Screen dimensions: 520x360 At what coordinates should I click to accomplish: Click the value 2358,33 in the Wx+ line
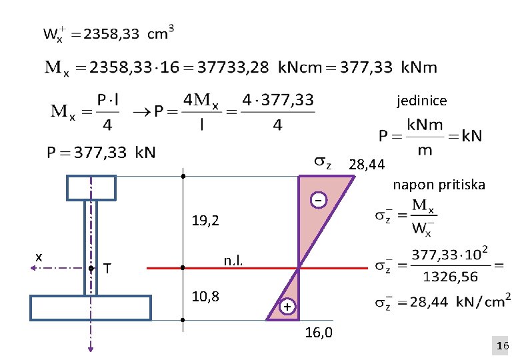coord(111,34)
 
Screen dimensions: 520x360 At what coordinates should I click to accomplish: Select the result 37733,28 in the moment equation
coord(233,67)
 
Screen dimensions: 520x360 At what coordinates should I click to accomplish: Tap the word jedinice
coord(422,101)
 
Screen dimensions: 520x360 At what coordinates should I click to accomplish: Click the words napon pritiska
coord(439,185)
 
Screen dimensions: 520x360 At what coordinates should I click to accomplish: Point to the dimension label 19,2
coord(205,221)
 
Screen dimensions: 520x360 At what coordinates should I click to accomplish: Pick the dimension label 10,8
coord(205,296)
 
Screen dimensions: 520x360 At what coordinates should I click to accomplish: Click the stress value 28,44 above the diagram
coord(367,165)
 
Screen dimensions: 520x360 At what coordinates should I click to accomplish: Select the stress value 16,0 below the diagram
coord(319,332)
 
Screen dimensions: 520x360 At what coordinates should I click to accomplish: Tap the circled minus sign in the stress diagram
coord(319,200)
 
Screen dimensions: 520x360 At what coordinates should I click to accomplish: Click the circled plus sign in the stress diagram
coord(287,306)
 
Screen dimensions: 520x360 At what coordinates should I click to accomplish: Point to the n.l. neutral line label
coord(233,261)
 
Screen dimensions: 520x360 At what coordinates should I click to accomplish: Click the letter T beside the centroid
coord(107,268)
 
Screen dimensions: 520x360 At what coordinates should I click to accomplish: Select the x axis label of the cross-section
coord(39,257)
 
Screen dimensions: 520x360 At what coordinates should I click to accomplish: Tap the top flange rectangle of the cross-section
coord(91,176)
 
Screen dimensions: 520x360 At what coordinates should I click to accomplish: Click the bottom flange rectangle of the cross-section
coord(91,296)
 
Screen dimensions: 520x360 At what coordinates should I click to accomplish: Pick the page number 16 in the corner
coord(503,346)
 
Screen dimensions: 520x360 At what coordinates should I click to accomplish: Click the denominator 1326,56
coord(451,277)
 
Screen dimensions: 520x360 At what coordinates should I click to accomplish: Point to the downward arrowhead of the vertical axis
coord(91,349)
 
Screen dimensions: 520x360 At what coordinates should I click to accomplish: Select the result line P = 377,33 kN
coord(101,153)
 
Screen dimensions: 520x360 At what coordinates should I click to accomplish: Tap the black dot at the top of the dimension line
coord(183,176)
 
